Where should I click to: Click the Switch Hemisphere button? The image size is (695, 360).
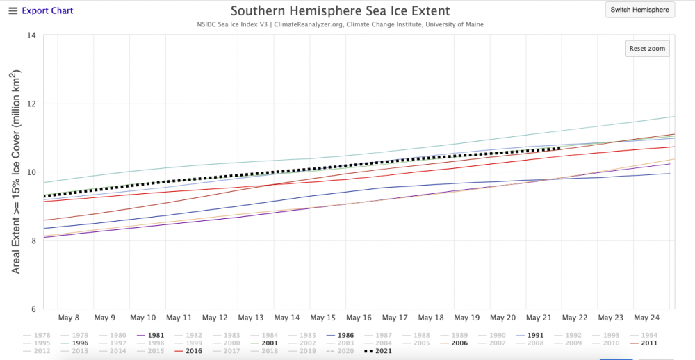639,10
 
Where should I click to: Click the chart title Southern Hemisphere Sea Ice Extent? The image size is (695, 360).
340,11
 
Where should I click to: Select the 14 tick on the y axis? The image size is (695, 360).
31,35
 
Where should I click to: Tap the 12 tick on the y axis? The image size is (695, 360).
31,104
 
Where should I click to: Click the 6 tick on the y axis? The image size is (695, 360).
31,309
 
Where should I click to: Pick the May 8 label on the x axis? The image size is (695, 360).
69,318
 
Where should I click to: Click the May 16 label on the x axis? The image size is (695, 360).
358,318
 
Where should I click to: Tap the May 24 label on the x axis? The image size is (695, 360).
647,318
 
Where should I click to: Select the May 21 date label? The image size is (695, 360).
539,318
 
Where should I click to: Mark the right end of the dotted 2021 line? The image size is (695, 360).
560,148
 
